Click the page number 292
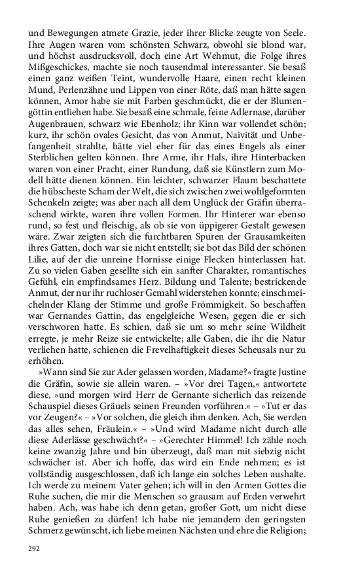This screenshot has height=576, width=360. click(34, 548)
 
